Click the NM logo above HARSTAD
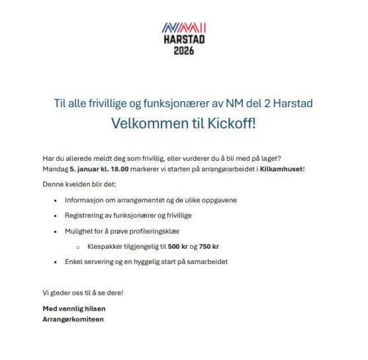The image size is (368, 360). click(183, 28)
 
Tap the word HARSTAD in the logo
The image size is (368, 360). click(183, 40)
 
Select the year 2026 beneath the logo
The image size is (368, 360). click(183, 51)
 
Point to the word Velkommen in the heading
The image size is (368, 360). click(144, 124)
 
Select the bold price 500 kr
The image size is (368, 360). click(177, 247)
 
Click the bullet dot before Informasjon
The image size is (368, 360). click(55, 200)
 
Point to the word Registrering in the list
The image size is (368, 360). click(85, 215)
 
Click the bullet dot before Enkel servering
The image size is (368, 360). click(55, 262)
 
